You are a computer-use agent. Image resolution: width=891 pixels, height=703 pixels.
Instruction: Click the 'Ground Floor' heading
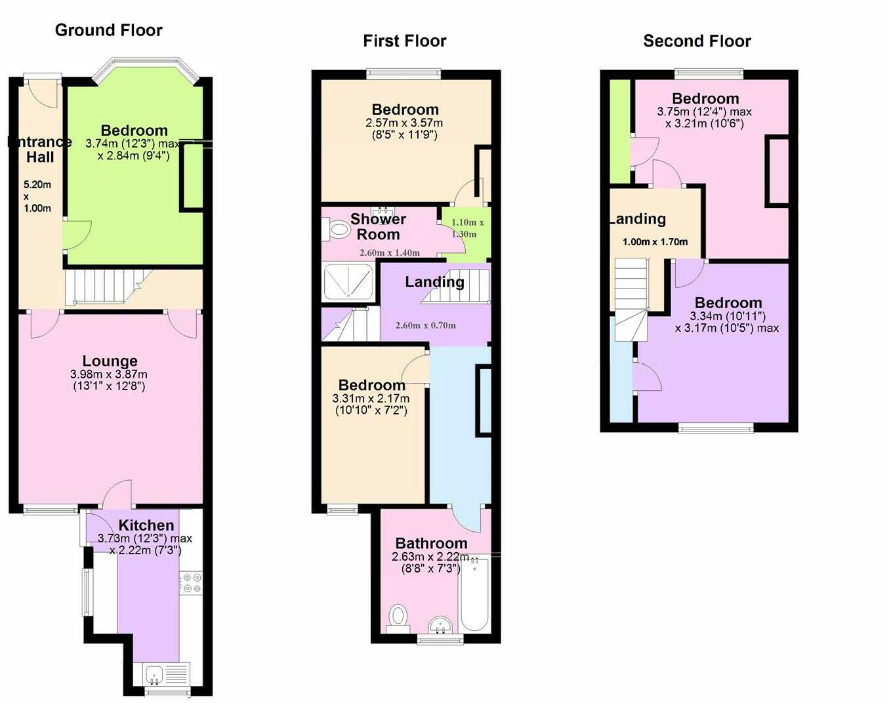click(108, 30)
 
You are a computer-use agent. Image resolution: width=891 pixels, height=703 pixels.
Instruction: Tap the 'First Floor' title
click(405, 41)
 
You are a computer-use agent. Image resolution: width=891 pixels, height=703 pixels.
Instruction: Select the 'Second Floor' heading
click(697, 41)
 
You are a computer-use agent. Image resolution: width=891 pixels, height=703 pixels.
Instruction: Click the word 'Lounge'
click(110, 361)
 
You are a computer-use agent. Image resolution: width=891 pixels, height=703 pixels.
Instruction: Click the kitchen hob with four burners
click(191, 584)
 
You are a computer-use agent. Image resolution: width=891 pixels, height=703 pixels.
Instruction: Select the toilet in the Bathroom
click(399, 618)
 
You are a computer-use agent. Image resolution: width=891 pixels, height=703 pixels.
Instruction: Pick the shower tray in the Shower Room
click(348, 281)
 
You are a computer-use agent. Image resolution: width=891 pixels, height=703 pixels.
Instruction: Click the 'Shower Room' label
click(378, 227)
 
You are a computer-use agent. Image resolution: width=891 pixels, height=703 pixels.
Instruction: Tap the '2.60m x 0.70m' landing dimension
click(426, 325)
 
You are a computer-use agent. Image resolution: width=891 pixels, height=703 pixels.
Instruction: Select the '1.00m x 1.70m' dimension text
click(655, 241)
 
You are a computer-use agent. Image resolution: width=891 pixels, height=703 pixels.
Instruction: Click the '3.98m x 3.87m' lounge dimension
click(109, 374)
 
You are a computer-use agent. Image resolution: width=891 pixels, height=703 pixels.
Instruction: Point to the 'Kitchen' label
click(146, 525)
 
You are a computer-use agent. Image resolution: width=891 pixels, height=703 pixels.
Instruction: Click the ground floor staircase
click(108, 287)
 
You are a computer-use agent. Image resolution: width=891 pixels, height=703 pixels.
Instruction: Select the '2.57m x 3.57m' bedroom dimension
click(404, 123)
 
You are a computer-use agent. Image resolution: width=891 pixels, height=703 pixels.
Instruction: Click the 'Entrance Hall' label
click(40, 150)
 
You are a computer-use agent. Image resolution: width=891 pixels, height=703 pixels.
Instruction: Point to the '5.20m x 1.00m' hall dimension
click(37, 196)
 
